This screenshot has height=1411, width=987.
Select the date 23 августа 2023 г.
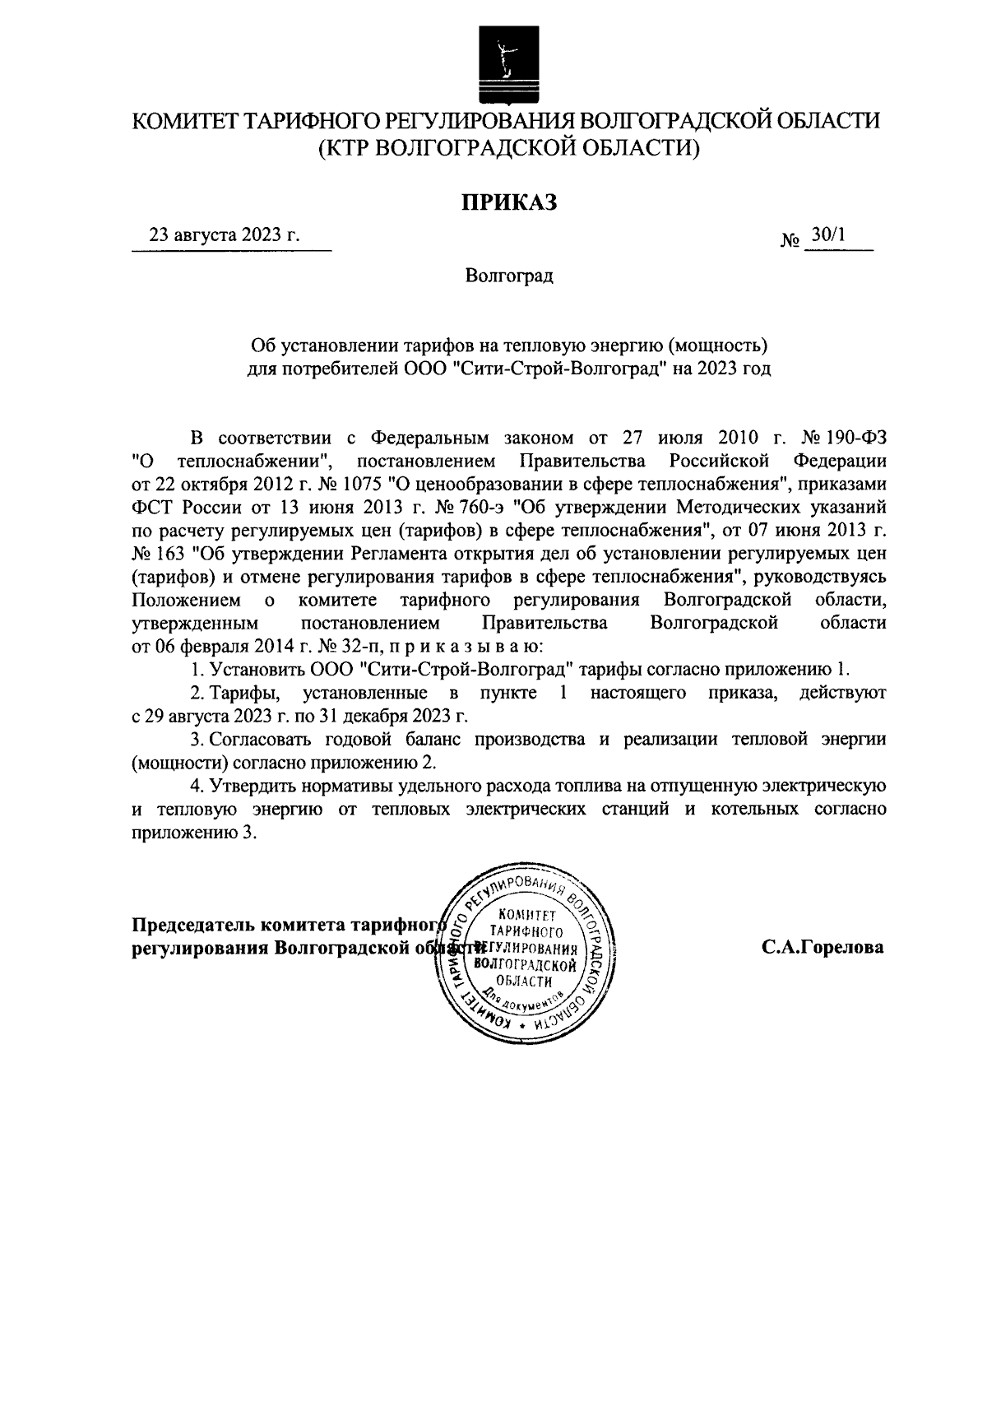pyautogui.click(x=224, y=235)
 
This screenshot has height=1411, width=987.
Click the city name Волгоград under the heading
pyautogui.click(x=508, y=276)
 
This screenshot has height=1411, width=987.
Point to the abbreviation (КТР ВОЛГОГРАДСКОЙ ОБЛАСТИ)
pyautogui.click(x=508, y=148)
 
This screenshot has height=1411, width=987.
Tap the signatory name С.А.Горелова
pyautogui.click(x=822, y=947)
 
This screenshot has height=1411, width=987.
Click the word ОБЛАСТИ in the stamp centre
pyautogui.click(x=525, y=982)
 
